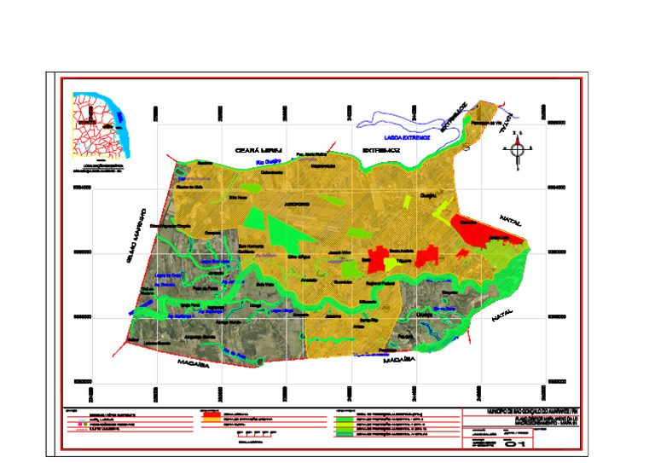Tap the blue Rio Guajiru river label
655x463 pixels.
pos(255,164)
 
